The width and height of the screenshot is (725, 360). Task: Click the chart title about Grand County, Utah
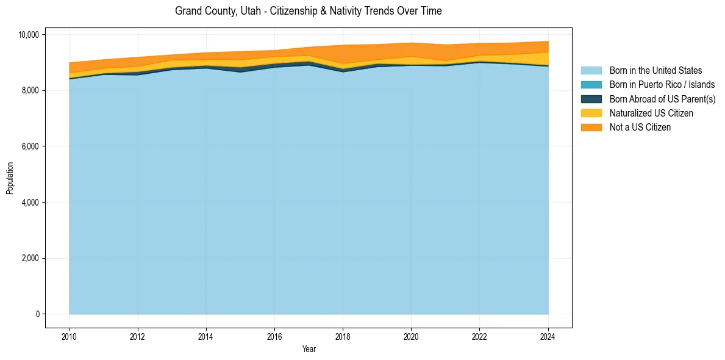pos(308,11)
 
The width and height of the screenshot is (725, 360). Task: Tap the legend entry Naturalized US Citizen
pos(651,113)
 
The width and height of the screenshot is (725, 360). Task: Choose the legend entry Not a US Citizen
pos(640,128)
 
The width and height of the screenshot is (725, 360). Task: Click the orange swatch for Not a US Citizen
pos(591,128)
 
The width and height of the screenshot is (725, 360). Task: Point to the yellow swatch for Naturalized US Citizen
pos(591,113)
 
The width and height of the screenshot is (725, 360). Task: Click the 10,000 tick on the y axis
pos(29,35)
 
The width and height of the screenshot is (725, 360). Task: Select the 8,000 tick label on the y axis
pos(30,90)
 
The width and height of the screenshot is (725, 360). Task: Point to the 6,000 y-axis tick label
pos(30,146)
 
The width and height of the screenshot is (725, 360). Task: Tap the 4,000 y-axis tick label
pos(30,203)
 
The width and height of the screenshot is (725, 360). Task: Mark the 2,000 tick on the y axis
pos(30,258)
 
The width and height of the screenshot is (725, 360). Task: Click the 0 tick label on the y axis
pos(37,314)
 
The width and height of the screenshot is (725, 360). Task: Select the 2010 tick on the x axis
pos(70,336)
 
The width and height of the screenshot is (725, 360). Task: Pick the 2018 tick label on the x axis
pos(343,336)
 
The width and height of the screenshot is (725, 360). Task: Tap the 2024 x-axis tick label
pos(548,336)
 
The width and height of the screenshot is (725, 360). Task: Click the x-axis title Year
pos(309,349)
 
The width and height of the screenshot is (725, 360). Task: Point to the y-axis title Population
pos(10,178)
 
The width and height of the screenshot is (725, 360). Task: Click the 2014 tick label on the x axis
pos(206,336)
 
